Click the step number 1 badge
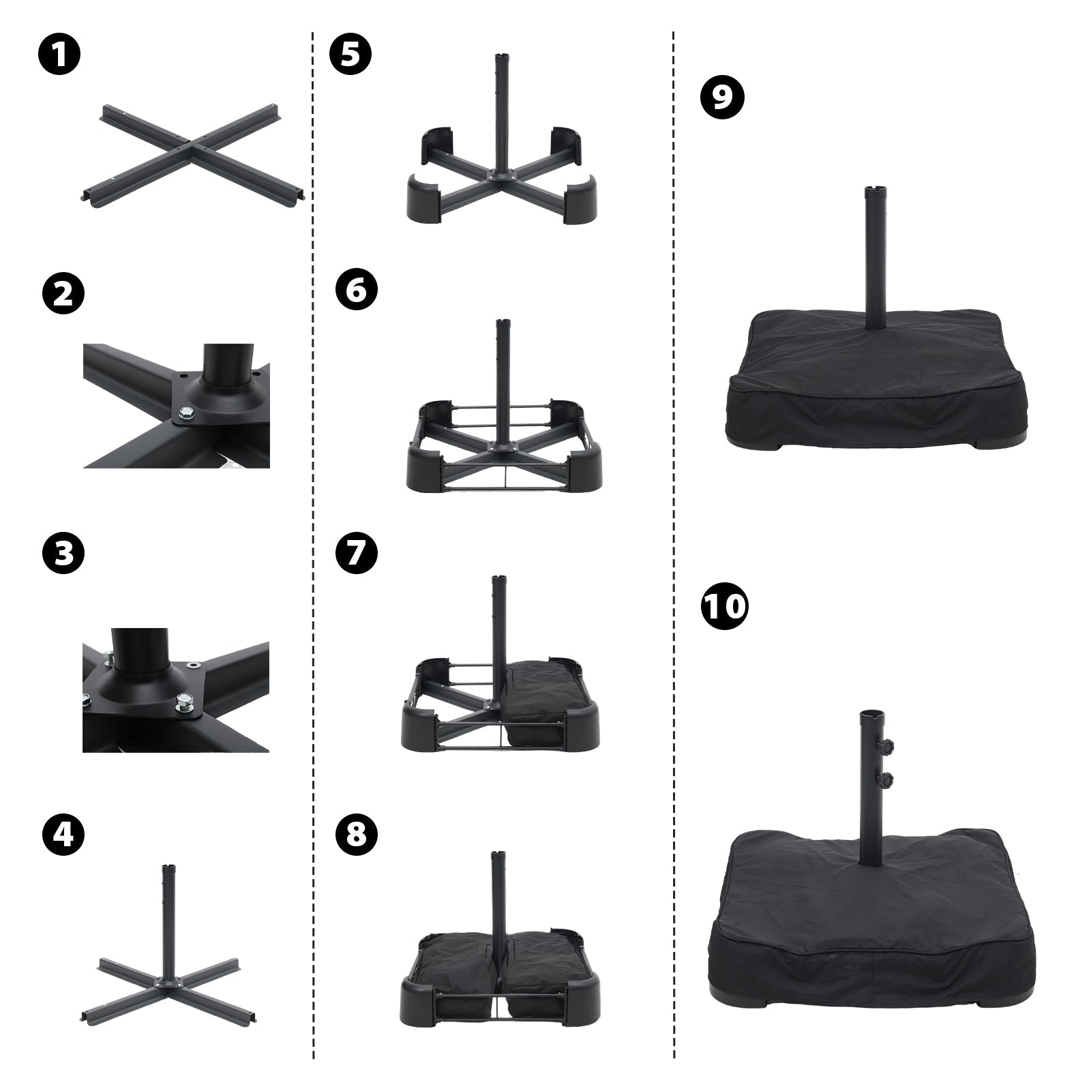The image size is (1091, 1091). pos(59,55)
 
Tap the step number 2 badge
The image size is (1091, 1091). pos(63,295)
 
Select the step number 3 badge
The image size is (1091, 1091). pos(63,554)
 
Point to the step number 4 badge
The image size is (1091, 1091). pos(63,835)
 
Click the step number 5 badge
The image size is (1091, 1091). pos(350,55)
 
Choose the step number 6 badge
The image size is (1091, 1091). pos(356,290)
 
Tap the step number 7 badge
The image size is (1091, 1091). pos(356,554)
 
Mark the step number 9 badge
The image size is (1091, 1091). pos(723,97)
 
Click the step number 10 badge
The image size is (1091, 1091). pos(724,606)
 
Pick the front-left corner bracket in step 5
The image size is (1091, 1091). pos(424,198)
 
